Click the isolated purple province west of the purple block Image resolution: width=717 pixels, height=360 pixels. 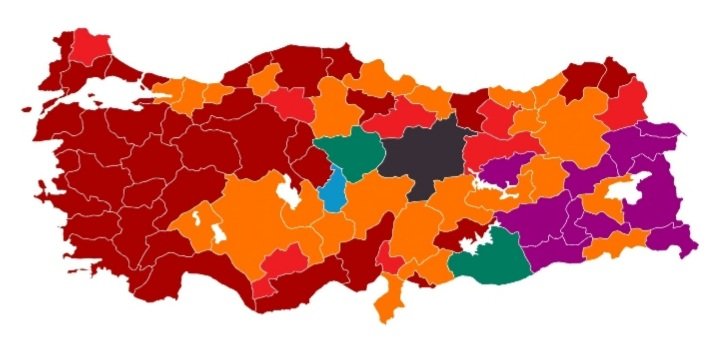point(504,171)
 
